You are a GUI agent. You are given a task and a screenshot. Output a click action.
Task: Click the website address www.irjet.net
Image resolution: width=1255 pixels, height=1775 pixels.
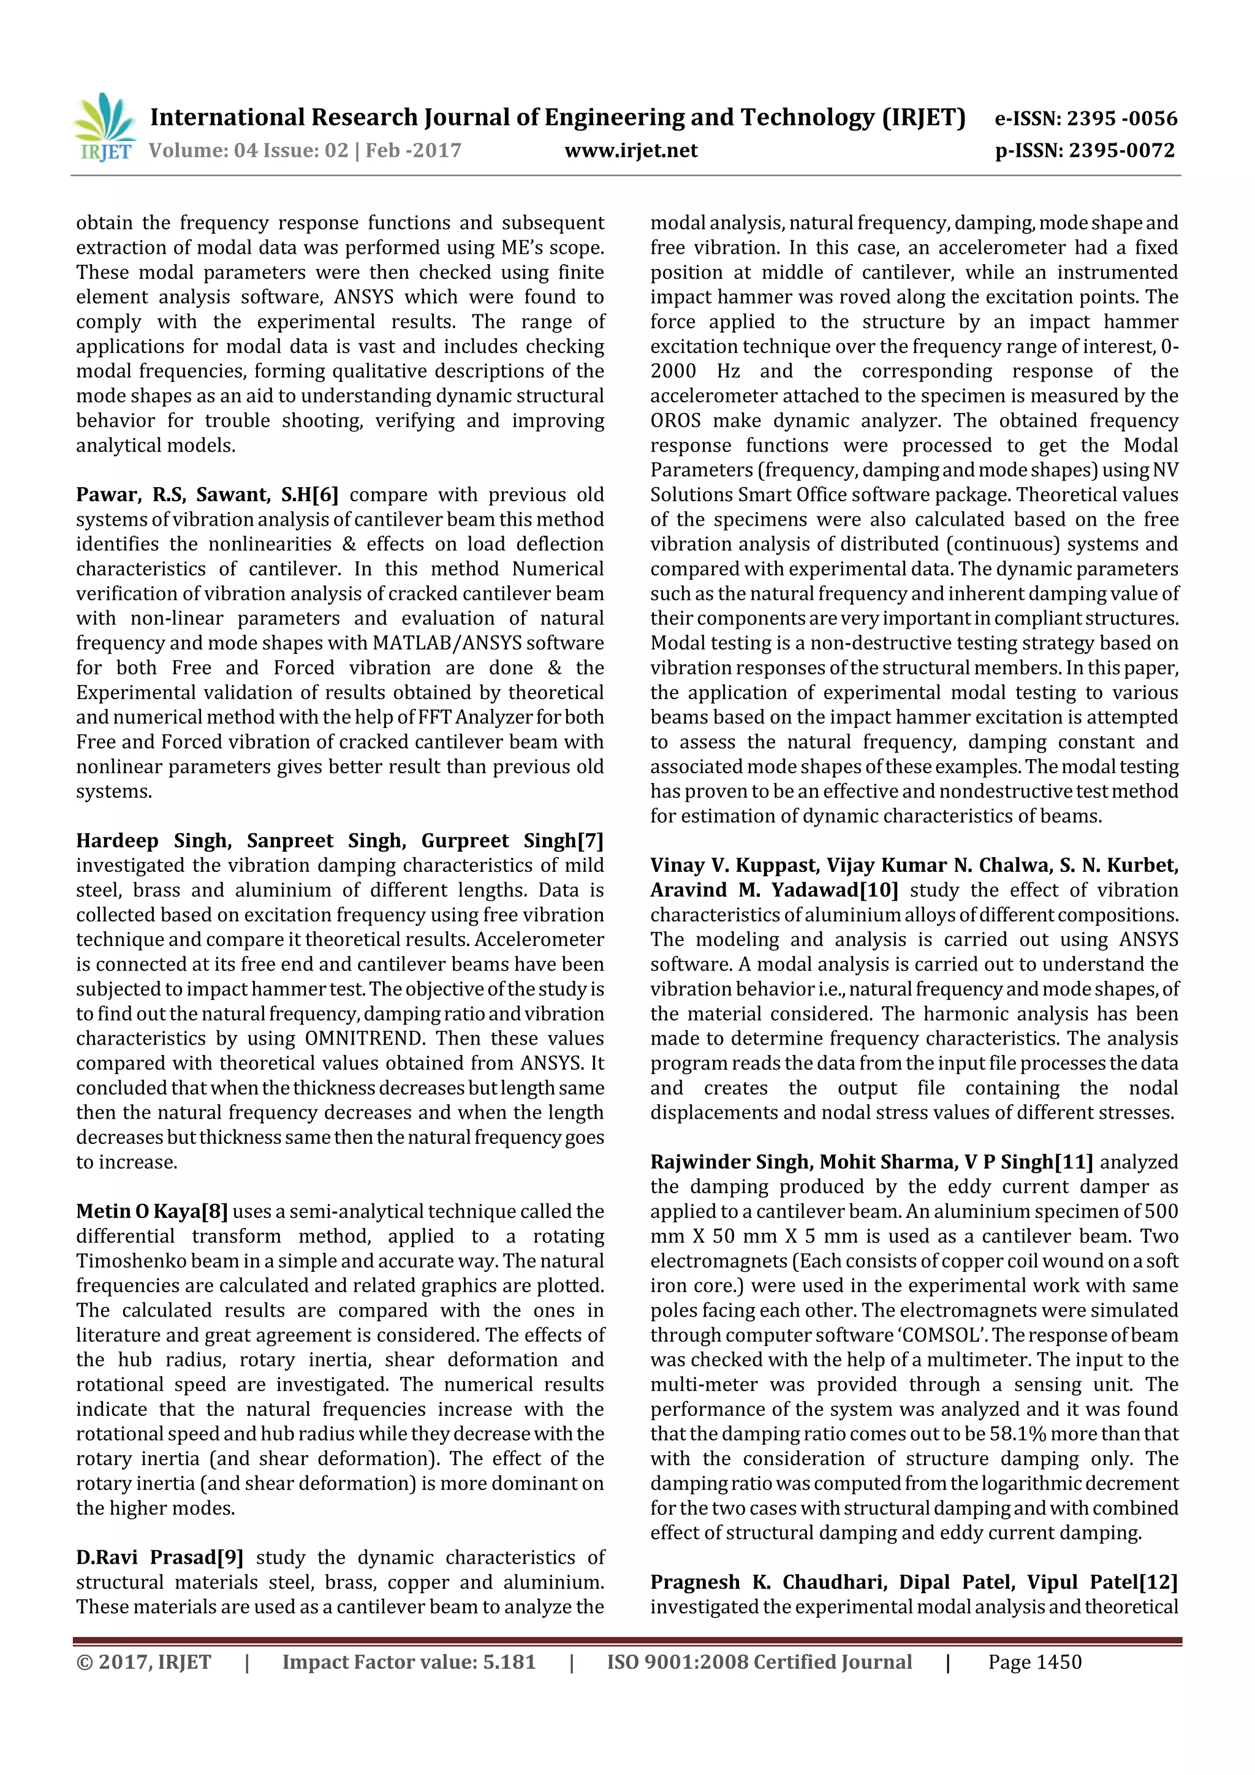[x=631, y=151]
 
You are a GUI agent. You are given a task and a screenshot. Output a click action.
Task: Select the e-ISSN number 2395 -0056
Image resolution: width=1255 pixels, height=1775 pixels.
[x=1121, y=118]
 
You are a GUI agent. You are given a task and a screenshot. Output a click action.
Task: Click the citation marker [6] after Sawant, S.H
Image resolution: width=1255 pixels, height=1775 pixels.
[x=325, y=495]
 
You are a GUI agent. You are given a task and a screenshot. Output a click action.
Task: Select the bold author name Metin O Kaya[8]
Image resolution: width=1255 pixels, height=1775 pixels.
[x=151, y=1211]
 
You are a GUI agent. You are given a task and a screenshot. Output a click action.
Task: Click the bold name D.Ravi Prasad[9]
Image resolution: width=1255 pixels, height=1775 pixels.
[x=159, y=1557]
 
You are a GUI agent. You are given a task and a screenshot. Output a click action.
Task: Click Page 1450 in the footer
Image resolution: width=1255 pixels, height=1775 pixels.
[x=1034, y=1662]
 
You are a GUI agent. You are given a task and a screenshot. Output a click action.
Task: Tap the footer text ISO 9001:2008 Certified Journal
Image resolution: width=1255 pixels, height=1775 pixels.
[x=759, y=1662]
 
